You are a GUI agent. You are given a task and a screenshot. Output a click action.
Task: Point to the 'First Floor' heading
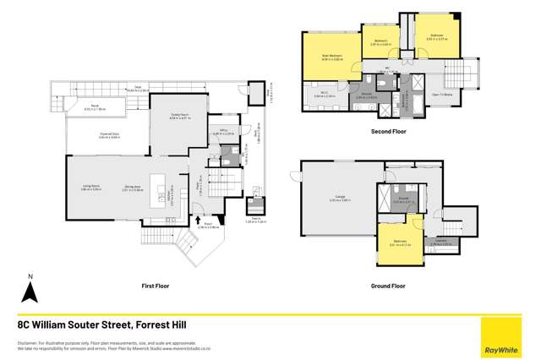(156, 286)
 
